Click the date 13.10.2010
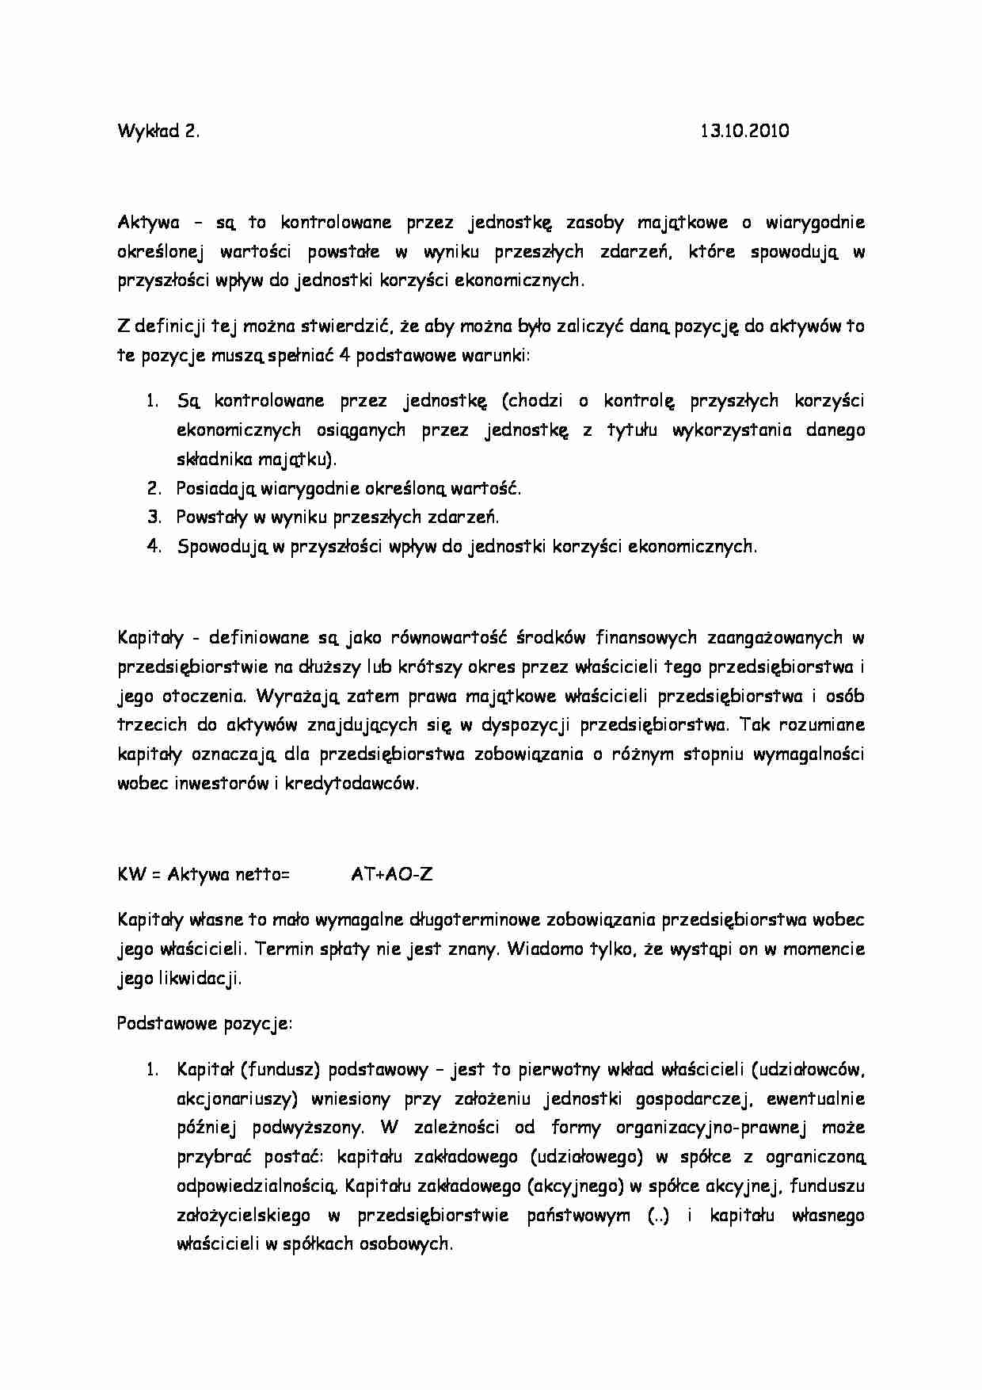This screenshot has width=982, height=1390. [x=744, y=132]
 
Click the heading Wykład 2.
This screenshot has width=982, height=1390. [x=158, y=132]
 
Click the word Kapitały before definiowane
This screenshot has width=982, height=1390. [x=150, y=638]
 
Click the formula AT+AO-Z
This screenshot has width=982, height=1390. [x=391, y=875]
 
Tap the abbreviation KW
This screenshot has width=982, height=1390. [x=129, y=875]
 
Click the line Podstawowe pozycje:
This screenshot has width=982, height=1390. [x=204, y=1024]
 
